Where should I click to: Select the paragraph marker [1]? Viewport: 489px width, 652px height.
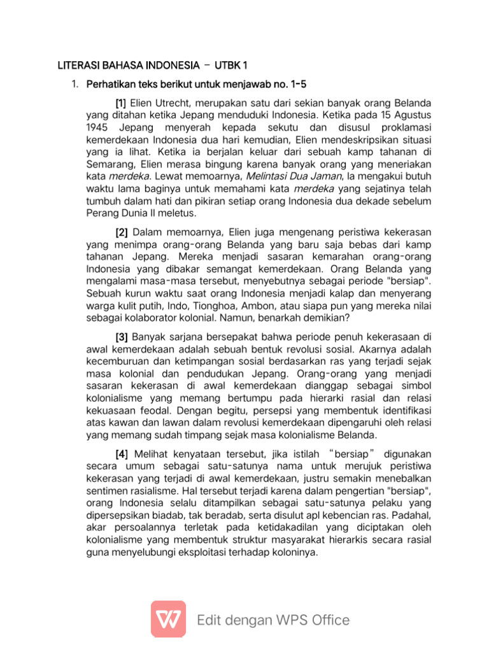click(x=121, y=103)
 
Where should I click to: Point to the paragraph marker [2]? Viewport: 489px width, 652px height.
click(x=121, y=232)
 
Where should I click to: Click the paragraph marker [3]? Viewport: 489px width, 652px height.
click(x=121, y=337)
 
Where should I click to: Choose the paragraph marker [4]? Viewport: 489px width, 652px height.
click(x=121, y=454)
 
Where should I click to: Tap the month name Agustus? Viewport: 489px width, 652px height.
click(x=411, y=115)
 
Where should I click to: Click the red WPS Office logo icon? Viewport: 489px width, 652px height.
click(x=168, y=619)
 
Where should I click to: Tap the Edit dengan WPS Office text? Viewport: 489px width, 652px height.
click(x=273, y=620)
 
